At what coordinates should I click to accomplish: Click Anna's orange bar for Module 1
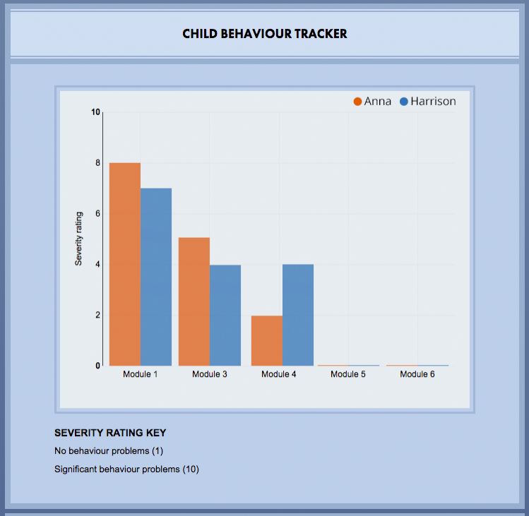pos(125,264)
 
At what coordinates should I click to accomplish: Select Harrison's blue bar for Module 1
pos(156,277)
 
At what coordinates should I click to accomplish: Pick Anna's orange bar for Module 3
pos(194,301)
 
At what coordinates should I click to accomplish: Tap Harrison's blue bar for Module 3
pos(225,315)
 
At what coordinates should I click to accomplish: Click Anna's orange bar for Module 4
pos(267,340)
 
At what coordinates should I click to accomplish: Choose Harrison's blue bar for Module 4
pos(298,315)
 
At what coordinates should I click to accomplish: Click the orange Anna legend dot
pos(358,102)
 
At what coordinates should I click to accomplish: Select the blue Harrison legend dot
pos(405,102)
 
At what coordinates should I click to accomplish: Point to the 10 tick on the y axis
pos(96,112)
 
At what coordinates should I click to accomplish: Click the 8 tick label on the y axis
pos(97,163)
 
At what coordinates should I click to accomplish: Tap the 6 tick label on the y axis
pos(97,214)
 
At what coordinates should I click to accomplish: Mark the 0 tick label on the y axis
pos(97,366)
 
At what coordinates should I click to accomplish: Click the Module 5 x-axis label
pos(348,374)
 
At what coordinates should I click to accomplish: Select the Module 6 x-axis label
pos(417,374)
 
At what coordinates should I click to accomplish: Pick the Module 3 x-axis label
pos(210,374)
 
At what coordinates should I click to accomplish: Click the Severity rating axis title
pos(80,239)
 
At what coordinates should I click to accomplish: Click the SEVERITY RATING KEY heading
pos(110,433)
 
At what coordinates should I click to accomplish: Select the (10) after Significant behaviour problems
pos(191,469)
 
